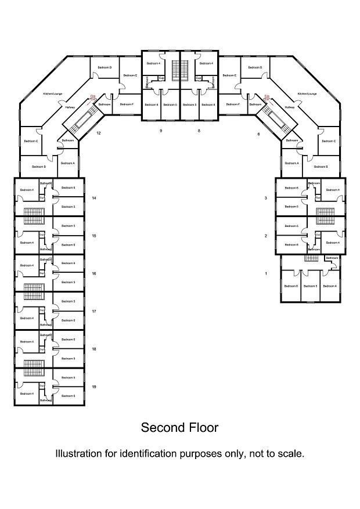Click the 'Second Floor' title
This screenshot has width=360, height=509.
[179, 428]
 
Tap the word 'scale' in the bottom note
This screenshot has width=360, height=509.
[289, 453]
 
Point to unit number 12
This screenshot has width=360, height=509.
[99, 133]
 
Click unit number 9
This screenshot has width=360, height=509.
[161, 131]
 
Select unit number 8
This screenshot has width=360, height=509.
[199, 131]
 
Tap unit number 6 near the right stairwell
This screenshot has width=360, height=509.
[259, 133]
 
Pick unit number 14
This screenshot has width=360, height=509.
[94, 198]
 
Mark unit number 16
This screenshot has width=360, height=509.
[94, 273]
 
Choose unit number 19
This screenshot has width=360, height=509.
[94, 387]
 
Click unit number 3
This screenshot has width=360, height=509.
[265, 198]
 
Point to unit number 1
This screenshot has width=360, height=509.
[265, 273]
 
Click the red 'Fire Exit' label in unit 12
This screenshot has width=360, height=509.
[92, 97]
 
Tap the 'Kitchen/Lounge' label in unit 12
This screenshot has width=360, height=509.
[52, 93]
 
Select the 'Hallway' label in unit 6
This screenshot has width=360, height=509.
[290, 107]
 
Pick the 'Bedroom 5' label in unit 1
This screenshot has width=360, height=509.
[310, 286]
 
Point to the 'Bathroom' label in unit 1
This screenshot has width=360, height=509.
[332, 258]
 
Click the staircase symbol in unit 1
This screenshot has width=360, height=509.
[312, 258]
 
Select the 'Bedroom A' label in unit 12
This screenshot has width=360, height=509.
[69, 164]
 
